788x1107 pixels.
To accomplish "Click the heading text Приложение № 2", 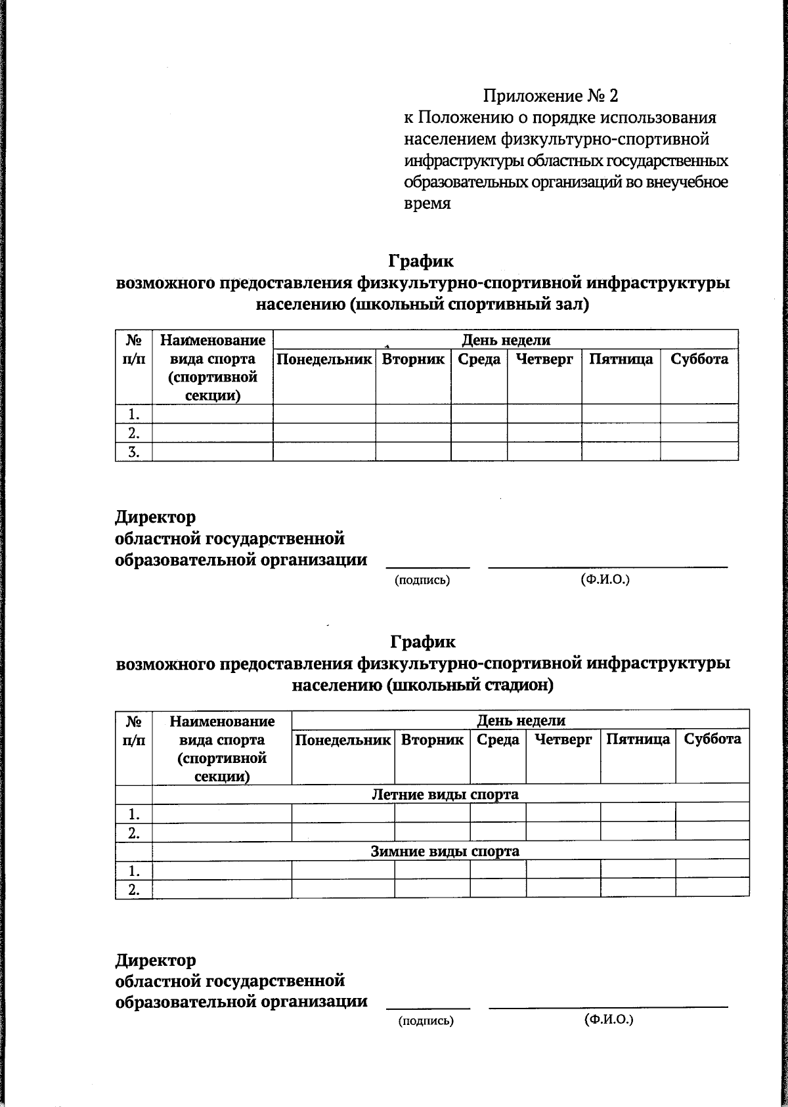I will click(x=550, y=97).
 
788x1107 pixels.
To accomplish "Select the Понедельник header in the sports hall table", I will click(x=324, y=359).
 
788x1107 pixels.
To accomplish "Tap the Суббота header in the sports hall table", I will click(x=699, y=359).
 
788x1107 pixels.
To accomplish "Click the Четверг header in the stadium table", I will click(x=563, y=739).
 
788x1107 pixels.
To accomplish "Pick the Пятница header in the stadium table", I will click(x=638, y=739).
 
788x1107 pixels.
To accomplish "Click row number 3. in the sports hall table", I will click(x=133, y=452).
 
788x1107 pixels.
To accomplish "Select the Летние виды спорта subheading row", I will click(x=445, y=794).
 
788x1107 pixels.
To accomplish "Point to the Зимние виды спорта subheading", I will click(x=445, y=852).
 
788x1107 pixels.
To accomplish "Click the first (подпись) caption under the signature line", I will click(x=422, y=580).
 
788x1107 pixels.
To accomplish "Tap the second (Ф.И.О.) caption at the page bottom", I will click(x=608, y=1020).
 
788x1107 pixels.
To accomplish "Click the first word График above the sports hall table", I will click(x=421, y=261).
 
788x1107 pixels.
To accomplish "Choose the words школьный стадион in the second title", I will click(x=469, y=685).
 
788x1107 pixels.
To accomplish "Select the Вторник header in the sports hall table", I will click(x=413, y=359).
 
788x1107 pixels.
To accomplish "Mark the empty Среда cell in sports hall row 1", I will click(x=479, y=414).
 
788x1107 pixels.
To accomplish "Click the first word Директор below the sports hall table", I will click(x=156, y=517).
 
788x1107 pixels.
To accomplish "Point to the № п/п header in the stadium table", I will click(x=133, y=730).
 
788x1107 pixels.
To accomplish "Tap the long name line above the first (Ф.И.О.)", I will click(x=608, y=566).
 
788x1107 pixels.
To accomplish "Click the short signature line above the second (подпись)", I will click(x=427, y=1007).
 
